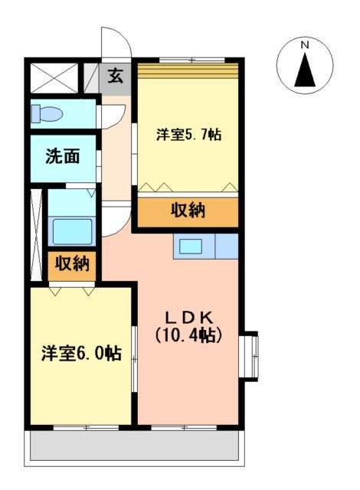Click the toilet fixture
point(46,114)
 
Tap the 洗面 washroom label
point(63,156)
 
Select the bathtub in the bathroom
point(72,231)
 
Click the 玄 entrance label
point(116,77)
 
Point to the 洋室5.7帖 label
point(188,135)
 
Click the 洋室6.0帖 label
point(81,354)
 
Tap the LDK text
point(189,318)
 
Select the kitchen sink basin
point(190,246)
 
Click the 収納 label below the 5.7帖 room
point(188,211)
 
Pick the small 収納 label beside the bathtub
point(72,264)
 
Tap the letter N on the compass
point(305,45)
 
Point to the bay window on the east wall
point(250,357)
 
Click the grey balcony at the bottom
point(134,446)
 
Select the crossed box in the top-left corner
point(54,78)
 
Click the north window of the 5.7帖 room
point(192,60)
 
